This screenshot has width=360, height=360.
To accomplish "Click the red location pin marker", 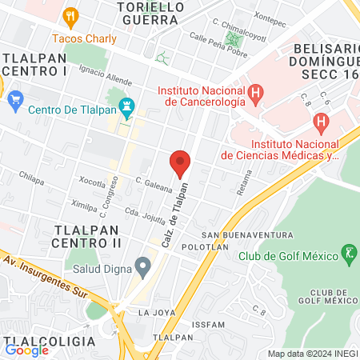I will click(180, 163).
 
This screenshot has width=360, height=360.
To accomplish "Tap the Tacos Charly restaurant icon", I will click(71, 15).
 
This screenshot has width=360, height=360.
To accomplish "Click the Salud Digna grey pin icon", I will click(143, 265).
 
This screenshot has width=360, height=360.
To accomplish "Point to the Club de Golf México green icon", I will click(348, 254).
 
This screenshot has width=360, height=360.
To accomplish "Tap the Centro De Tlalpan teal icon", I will click(128, 104).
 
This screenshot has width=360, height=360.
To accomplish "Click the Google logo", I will click(27, 350).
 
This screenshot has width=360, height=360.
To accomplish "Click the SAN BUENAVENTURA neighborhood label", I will click(247, 234).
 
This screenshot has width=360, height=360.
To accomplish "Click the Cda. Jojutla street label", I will click(142, 214).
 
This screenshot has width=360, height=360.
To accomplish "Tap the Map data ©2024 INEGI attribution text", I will click(313, 354).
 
